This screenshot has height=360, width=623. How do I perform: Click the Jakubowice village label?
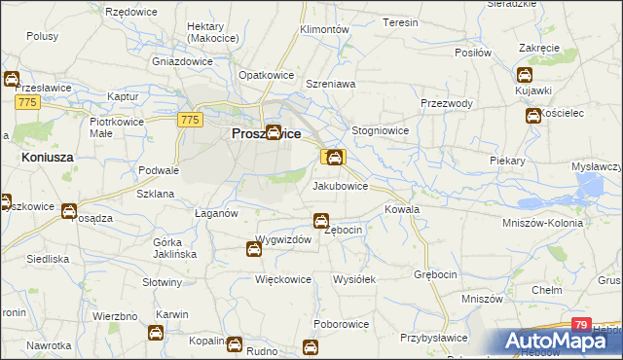[x=340, y=186]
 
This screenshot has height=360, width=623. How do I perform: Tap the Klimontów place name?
[x=325, y=30]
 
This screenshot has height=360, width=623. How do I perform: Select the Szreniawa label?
[x=331, y=85]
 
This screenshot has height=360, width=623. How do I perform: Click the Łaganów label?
[x=216, y=213]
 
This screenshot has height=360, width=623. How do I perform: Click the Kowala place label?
[x=402, y=209]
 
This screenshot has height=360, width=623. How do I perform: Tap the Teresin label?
[x=400, y=22]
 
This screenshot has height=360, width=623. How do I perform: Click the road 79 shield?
[x=581, y=325]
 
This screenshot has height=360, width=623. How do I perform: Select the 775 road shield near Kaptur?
[x=26, y=101]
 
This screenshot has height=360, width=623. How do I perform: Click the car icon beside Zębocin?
[x=320, y=221]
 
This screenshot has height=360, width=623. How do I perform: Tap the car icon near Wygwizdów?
[x=253, y=250]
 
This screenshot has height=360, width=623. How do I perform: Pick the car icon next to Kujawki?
[x=525, y=75]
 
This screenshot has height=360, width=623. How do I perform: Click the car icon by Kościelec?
[x=533, y=117]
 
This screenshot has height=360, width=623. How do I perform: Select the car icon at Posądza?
[x=69, y=210]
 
